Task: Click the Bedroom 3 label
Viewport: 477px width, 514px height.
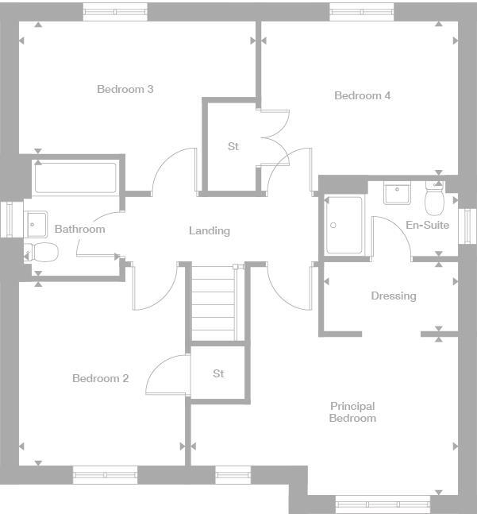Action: [125, 89]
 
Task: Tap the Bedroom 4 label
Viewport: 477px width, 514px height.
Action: [362, 95]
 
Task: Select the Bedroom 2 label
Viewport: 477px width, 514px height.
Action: [100, 378]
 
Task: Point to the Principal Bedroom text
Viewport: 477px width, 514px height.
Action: [353, 412]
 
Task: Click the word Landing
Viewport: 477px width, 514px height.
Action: [209, 230]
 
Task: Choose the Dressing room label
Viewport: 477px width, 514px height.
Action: [393, 296]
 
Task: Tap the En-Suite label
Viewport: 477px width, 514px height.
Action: [427, 225]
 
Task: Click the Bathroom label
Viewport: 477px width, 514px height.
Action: [79, 229]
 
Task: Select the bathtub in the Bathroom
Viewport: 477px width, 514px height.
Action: [75, 177]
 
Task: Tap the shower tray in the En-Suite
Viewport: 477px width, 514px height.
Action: [344, 225]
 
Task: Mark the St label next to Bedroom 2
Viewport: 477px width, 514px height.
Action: [218, 373]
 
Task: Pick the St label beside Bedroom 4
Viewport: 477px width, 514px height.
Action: [233, 146]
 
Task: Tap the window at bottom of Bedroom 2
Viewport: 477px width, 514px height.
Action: [105, 476]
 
